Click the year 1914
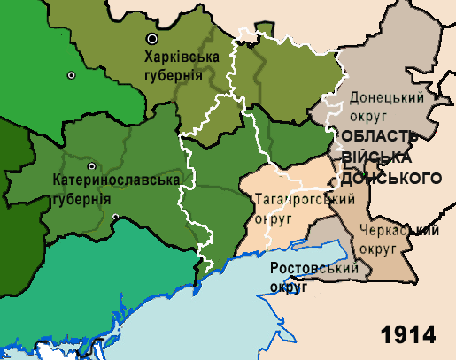click(409, 335)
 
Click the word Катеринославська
click(116, 180)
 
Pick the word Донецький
click(384, 97)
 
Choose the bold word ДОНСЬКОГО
click(390, 178)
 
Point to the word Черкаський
click(399, 232)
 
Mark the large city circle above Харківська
click(153, 39)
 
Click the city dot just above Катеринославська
click(90, 166)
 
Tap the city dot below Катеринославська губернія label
click(115, 217)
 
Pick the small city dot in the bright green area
click(71, 74)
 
